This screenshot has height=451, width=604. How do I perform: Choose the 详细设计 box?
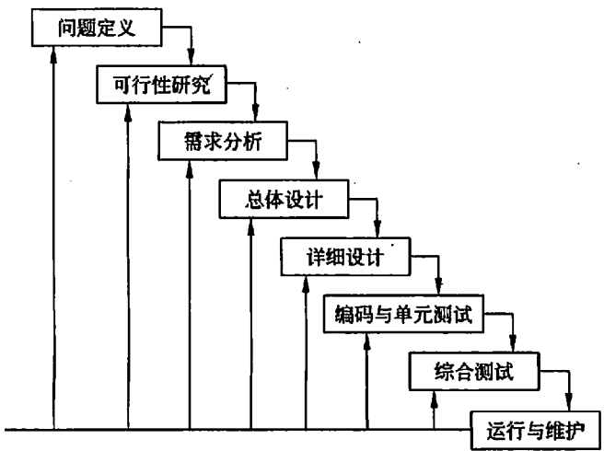point(343,258)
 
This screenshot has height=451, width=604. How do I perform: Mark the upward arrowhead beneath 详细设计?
point(305,283)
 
